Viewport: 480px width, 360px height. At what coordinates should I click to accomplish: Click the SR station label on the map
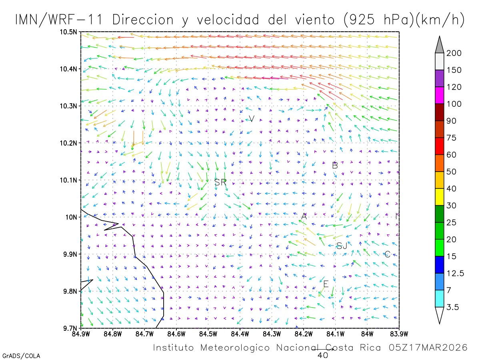220,182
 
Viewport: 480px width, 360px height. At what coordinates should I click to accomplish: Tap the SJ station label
342,246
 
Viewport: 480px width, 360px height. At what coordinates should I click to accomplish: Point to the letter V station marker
252,119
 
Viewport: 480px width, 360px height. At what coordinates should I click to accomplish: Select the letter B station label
335,166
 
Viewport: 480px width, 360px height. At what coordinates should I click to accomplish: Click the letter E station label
326,284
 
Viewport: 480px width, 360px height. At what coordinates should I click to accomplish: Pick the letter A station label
304,216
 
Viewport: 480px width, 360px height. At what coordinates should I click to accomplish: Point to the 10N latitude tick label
72,217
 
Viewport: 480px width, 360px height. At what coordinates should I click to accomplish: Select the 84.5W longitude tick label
208,334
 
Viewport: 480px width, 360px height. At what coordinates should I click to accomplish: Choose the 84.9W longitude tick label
81,334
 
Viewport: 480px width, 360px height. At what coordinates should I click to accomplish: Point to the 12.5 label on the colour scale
455,274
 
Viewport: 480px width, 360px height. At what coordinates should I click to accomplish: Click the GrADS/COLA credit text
21,356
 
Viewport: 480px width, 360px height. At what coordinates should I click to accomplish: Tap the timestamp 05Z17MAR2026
428,348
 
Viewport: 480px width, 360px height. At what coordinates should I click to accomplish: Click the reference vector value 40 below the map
322,355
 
